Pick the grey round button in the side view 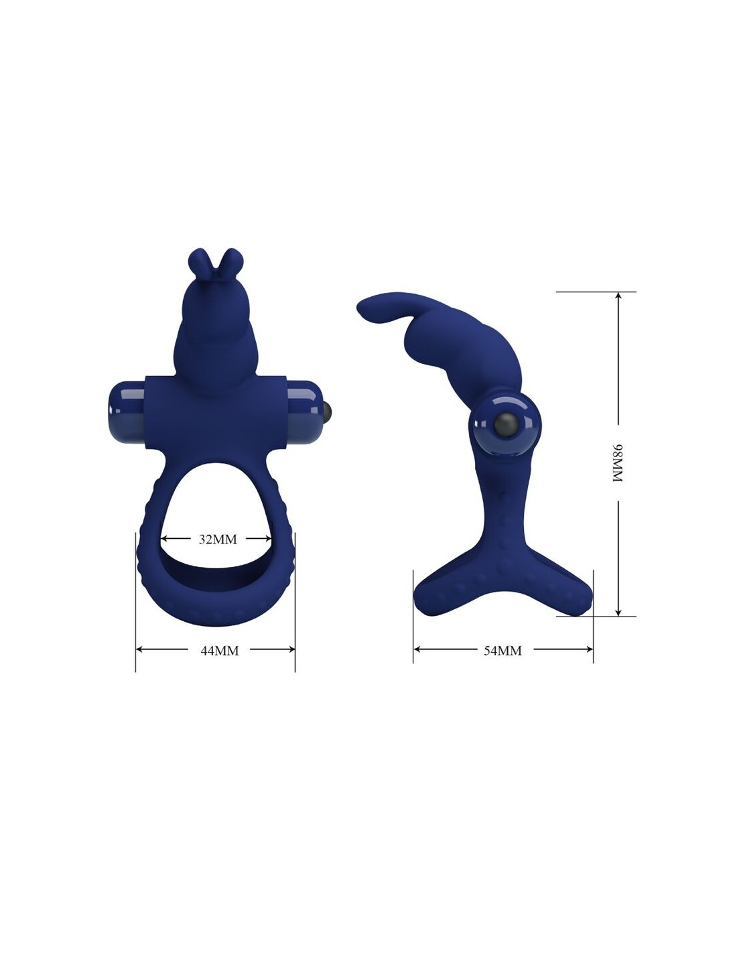505,423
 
